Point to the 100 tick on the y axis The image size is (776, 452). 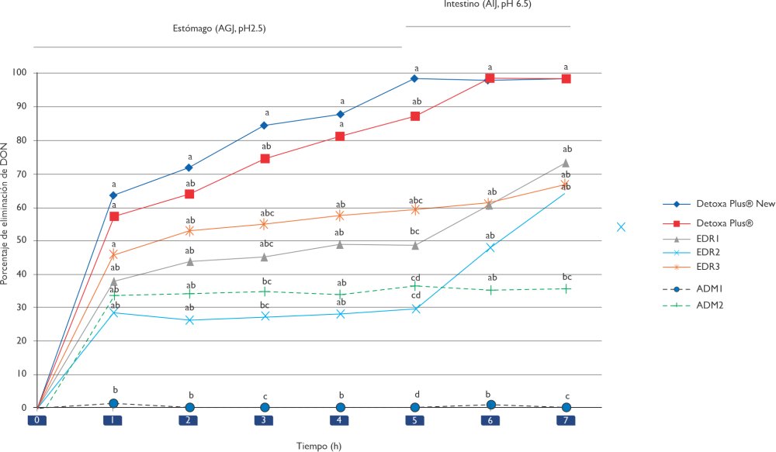pyautogui.click(x=20, y=73)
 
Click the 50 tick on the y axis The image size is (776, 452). pyautogui.click(x=23, y=240)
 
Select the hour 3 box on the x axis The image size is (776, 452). pyautogui.click(x=264, y=420)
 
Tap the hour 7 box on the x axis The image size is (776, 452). pyautogui.click(x=566, y=420)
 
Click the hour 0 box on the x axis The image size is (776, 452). pyautogui.click(x=36, y=420)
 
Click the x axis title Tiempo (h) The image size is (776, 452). pyautogui.click(x=319, y=446)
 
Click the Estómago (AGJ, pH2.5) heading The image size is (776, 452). pyautogui.click(x=224, y=28)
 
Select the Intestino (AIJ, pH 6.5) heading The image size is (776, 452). pyautogui.click(x=487, y=5)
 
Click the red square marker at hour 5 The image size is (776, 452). pyautogui.click(x=415, y=116)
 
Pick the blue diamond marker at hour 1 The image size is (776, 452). pyautogui.click(x=113, y=195)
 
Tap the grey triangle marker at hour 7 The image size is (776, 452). pyautogui.click(x=566, y=163)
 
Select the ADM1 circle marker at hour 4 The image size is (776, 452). pyautogui.click(x=340, y=407)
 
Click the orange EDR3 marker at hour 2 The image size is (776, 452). pyautogui.click(x=189, y=231)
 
